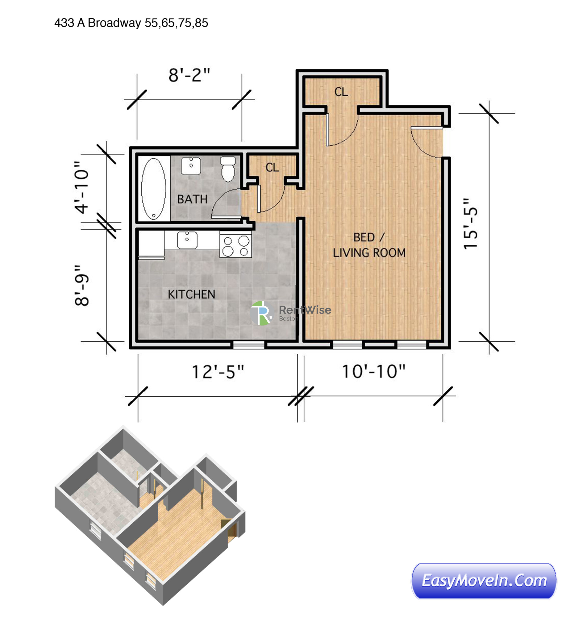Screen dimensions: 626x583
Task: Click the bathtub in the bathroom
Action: pos(153,188)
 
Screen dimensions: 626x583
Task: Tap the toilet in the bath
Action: pos(228,169)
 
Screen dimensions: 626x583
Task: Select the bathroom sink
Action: pos(191,166)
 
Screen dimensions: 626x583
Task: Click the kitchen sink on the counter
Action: pos(187,240)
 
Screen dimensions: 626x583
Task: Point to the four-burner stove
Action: pos(236,246)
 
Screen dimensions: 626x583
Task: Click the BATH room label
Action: pos(192,199)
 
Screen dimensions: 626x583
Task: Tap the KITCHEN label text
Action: pos(191,294)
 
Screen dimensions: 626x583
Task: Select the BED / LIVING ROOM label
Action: pos(369,245)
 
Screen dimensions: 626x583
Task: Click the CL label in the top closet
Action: pos(341,92)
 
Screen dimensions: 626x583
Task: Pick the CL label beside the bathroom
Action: pos(272,168)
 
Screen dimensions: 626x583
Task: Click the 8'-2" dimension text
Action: pos(189,75)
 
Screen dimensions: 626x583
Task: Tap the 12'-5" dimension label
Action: pos(218,372)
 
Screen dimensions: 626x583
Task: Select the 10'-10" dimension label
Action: pos(373,372)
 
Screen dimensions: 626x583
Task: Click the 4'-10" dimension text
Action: pos(82,188)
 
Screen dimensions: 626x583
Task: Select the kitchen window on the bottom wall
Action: pos(248,345)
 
